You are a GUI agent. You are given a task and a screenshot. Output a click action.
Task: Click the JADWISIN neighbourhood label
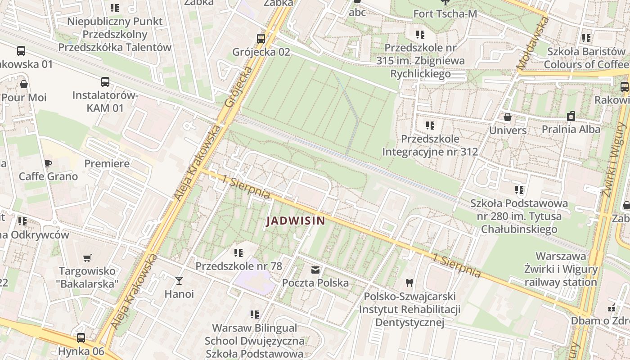(295, 221)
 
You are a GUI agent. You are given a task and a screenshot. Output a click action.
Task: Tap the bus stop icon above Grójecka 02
(261, 38)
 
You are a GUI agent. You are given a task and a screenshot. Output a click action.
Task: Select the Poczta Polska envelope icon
(315, 270)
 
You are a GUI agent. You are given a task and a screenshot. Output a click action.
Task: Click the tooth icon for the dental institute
(409, 283)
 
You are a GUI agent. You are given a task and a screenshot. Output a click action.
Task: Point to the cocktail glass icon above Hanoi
(179, 281)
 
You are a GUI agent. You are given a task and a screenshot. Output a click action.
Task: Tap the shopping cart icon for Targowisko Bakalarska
(87, 258)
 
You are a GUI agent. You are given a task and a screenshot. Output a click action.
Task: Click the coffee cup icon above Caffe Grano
(48, 163)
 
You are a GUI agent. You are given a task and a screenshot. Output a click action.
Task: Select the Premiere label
(107, 163)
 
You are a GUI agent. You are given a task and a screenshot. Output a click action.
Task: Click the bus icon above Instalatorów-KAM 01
(105, 82)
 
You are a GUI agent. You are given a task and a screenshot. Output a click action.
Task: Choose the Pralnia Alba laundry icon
(571, 116)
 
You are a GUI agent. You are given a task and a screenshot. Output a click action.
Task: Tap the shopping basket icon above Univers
(508, 117)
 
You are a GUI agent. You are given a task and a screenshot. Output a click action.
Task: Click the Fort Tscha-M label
(445, 14)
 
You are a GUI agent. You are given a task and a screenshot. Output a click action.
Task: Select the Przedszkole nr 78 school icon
(238, 253)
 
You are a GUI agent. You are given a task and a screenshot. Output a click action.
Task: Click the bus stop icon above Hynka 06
(81, 337)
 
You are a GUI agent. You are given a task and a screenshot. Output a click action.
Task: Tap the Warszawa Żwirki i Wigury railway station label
(561, 269)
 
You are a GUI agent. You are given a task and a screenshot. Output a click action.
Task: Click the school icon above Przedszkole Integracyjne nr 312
(430, 126)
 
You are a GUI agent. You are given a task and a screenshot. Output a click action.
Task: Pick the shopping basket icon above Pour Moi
(24, 84)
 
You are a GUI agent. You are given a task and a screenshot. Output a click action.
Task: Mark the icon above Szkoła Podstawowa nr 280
(519, 190)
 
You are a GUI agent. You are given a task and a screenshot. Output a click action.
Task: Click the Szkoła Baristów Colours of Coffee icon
(586, 38)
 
